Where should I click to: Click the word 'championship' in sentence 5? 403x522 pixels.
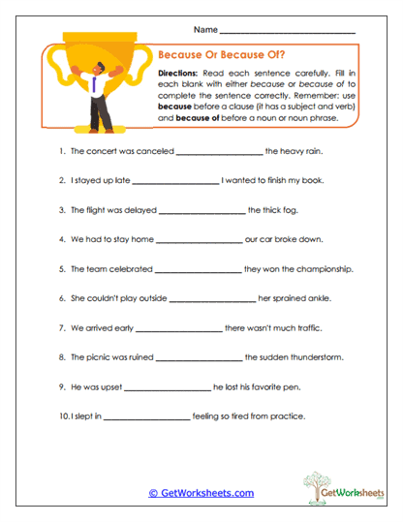(324, 269)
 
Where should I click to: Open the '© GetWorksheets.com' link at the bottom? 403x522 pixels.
(201, 493)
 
